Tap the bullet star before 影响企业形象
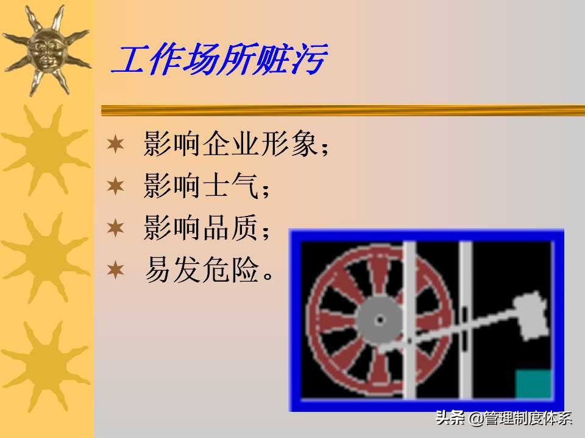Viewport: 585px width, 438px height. click(115, 145)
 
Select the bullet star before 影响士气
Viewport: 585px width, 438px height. click(115, 186)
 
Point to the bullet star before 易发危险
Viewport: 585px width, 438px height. click(115, 269)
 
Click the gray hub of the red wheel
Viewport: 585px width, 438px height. click(379, 320)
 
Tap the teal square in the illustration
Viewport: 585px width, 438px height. click(534, 384)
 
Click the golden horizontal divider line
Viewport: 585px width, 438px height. click(341, 110)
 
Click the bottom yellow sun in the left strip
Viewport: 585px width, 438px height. click(46, 359)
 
